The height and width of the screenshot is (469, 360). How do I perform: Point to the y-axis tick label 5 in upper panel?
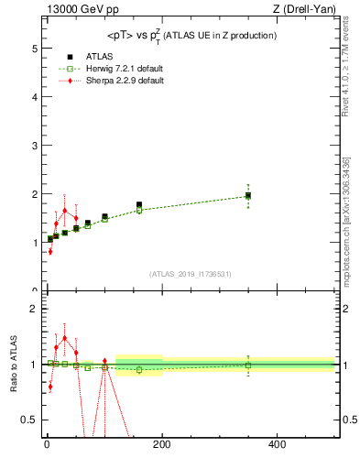click(x=33, y=47)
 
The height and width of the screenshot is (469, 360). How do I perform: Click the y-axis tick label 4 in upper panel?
click(x=33, y=96)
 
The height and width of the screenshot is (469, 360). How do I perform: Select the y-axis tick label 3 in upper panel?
click(x=33, y=145)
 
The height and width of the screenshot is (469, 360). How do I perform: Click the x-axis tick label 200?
click(x=161, y=446)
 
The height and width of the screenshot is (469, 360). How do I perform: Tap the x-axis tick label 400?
click(x=277, y=446)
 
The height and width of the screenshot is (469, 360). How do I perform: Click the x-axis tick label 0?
click(x=47, y=446)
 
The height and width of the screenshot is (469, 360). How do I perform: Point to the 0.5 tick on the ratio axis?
click(x=29, y=420)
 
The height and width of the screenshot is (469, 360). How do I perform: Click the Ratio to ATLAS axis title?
click(x=14, y=365)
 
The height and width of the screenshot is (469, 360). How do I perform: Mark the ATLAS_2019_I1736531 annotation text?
click(x=190, y=274)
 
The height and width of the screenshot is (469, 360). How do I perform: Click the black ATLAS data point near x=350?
click(x=248, y=195)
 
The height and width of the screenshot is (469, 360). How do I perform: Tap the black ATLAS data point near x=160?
click(x=139, y=204)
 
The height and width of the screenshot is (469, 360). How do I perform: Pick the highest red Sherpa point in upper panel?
click(x=64, y=210)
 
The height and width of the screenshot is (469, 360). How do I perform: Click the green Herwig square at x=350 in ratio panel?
click(x=248, y=365)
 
